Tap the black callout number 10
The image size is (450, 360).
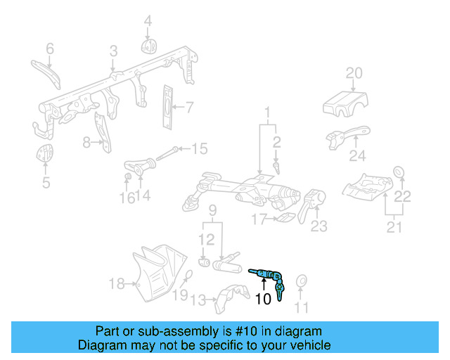pyautogui.click(x=263, y=299)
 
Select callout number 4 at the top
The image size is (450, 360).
pyautogui.click(x=148, y=21)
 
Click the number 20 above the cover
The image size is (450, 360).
pyautogui.click(x=354, y=73)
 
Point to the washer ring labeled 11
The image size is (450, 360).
pyautogui.click(x=302, y=281)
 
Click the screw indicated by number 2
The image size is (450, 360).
pyautogui.click(x=276, y=167)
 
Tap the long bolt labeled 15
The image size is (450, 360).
pyautogui.click(x=167, y=153)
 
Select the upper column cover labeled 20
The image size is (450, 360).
pyautogui.click(x=345, y=104)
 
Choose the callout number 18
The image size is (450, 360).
pyautogui.click(x=117, y=283)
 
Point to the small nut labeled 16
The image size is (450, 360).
pyautogui.click(x=128, y=176)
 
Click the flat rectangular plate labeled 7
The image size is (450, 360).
pyautogui.click(x=168, y=108)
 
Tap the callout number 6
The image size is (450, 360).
pyautogui.click(x=50, y=49)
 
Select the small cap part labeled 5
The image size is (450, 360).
pyautogui.click(x=45, y=153)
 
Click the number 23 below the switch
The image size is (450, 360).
pyautogui.click(x=319, y=226)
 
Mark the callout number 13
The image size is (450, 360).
pyautogui.click(x=198, y=300)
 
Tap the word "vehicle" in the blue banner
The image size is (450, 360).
pyautogui.click(x=314, y=345)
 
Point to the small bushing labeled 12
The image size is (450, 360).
pyautogui.click(x=204, y=262)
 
